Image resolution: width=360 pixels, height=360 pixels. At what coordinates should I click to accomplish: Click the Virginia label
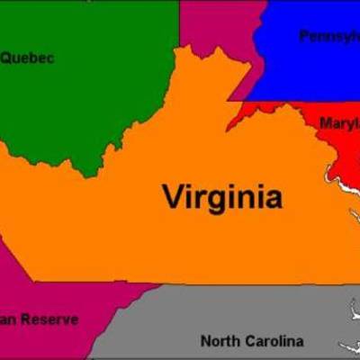click(221, 196)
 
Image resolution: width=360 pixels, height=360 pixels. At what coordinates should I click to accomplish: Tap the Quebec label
click(27, 58)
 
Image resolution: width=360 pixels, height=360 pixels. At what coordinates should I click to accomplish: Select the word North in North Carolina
click(218, 341)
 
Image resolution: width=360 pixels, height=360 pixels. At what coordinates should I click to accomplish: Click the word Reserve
click(49, 319)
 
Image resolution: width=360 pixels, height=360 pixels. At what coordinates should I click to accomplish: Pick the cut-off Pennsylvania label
click(328, 36)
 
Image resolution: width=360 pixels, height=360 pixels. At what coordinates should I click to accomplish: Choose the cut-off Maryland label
click(339, 122)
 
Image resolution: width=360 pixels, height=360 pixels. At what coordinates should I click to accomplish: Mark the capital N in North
click(205, 341)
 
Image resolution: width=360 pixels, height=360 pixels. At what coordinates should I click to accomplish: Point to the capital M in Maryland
click(325, 122)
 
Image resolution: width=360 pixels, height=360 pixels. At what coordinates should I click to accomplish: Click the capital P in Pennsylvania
click(304, 36)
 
